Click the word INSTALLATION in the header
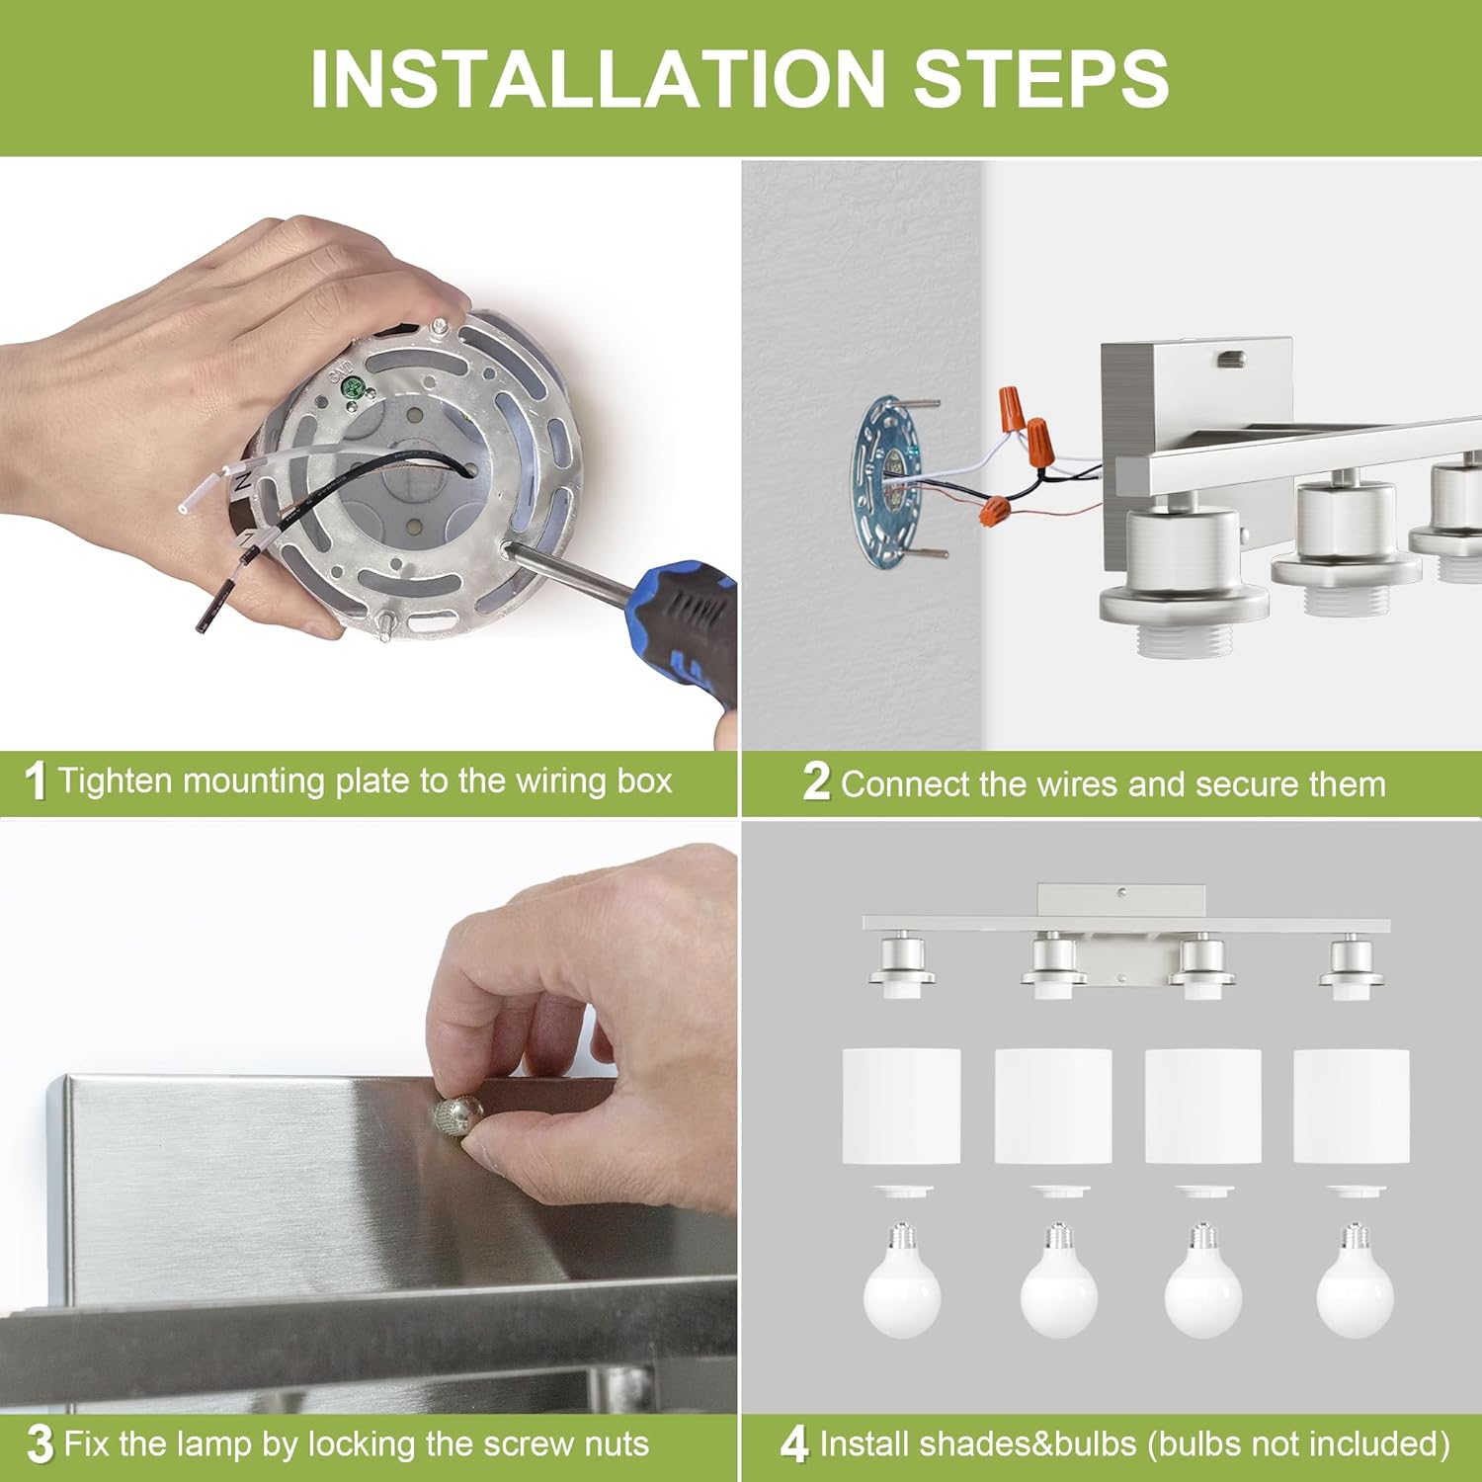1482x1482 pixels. click(598, 78)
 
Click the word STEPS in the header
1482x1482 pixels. click(1041, 78)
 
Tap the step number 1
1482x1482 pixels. click(36, 782)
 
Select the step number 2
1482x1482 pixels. click(816, 782)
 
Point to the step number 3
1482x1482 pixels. click(40, 1444)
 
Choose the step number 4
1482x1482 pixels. click(794, 1444)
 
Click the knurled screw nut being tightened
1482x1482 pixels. click(455, 1116)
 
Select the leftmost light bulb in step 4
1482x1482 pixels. click(901, 1282)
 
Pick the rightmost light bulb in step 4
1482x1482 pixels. click(1355, 1282)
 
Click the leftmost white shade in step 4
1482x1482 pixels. click(901, 1106)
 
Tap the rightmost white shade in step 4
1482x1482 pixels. click(1352, 1106)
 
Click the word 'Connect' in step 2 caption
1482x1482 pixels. click(905, 784)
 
